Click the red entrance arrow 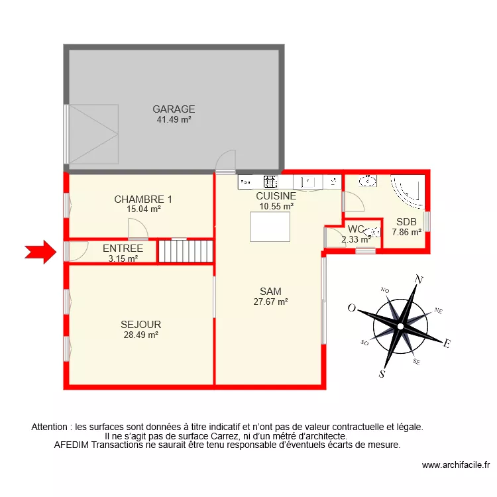[x=40, y=251]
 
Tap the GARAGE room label [x=174, y=109]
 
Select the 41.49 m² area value [x=174, y=120]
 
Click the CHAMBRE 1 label [x=143, y=199]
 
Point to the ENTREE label [x=123, y=248]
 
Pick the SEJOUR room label [x=140, y=325]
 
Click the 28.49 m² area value [x=140, y=335]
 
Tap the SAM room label [x=270, y=291]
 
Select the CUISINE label [x=276, y=196]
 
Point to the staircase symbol [x=186, y=251]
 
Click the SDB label [x=406, y=222]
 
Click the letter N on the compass [x=418, y=280]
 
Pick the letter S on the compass [x=382, y=374]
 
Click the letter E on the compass [x=447, y=343]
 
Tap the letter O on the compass [x=352, y=308]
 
